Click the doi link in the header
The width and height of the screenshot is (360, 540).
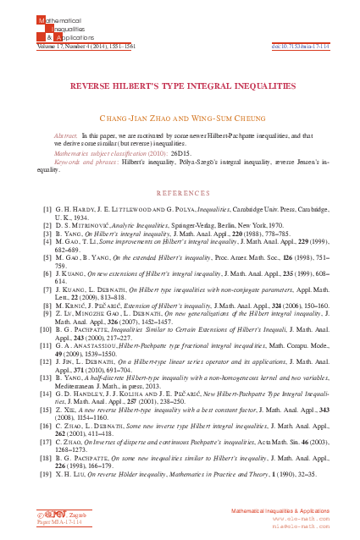302,46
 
